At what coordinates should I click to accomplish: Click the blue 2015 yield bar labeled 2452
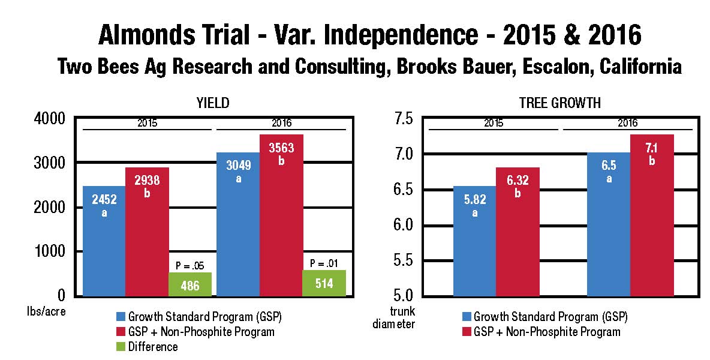coord(104,240)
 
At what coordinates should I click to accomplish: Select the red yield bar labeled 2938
coord(147,231)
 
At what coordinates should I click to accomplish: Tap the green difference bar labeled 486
coord(190,284)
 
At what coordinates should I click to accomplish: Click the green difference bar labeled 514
coord(324,283)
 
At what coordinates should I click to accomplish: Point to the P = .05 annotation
coord(190,265)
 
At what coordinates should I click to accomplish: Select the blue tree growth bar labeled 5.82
coord(474,240)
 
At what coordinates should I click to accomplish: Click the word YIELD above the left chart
coord(213,103)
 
